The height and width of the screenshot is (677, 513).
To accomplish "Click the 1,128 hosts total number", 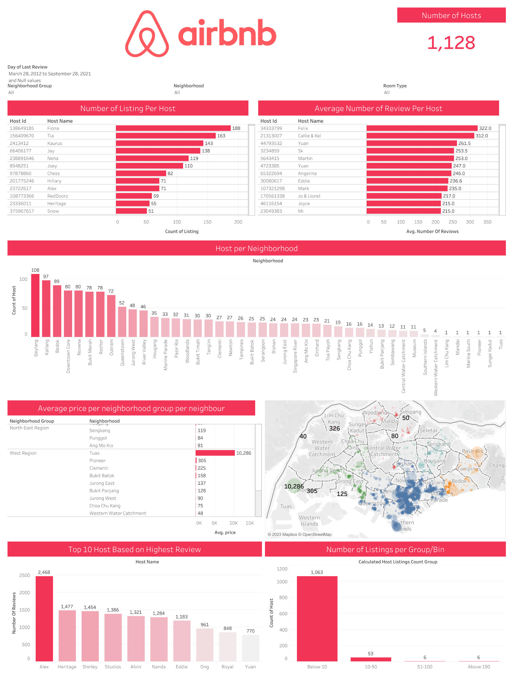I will click(451, 43).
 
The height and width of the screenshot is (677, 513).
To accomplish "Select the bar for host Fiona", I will click(173, 128).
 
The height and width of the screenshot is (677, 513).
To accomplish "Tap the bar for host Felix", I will click(422, 128).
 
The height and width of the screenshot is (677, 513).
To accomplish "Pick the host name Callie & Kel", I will click(309, 136).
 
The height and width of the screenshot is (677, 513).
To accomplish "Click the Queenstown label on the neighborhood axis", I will click(122, 352).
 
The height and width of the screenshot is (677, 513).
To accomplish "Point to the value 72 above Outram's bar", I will click(111, 291).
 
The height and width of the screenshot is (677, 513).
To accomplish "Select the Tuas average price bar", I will click(215, 453).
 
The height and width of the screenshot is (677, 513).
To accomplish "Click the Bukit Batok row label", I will click(102, 475).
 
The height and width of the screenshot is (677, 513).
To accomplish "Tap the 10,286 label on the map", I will click(294, 486).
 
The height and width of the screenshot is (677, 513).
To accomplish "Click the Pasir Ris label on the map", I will click(472, 451).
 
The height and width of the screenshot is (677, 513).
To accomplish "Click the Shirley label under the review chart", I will click(90, 667).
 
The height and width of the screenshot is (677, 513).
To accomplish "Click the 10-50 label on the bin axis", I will click(371, 667).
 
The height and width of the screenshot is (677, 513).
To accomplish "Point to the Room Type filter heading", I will click(395, 86).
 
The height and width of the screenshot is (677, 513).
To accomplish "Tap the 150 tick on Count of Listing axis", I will click(207, 222).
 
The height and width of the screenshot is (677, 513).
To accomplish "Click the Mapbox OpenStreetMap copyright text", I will click(299, 534).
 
